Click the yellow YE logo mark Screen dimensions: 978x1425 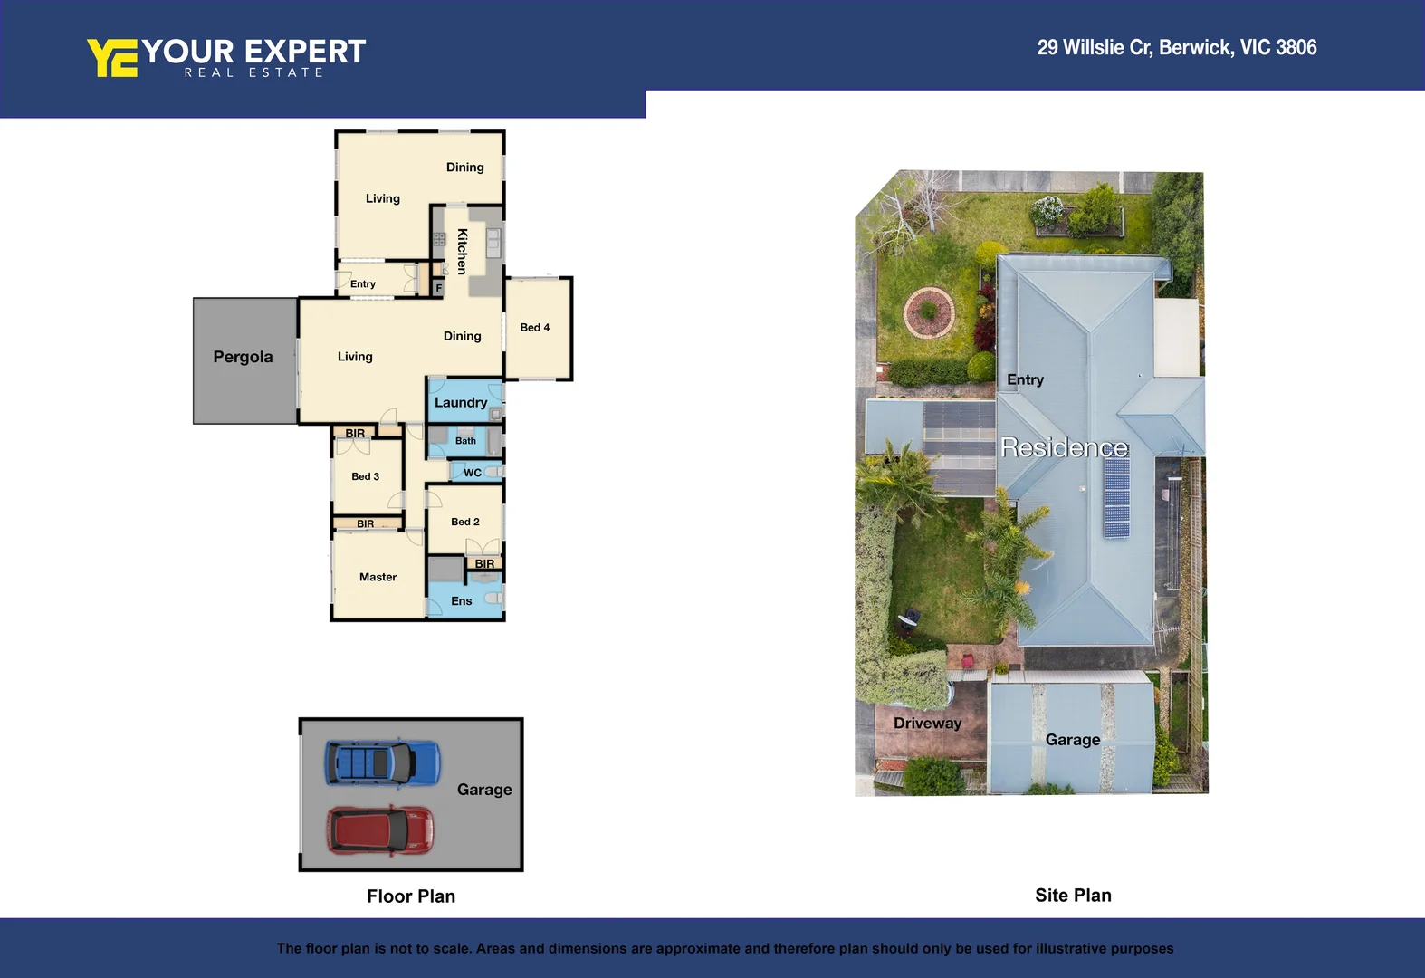[x=111, y=58]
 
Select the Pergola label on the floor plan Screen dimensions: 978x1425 [x=243, y=357]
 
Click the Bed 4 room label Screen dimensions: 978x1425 [x=534, y=328]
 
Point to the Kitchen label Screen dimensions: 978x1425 [x=462, y=251]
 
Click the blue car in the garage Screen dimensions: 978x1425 [x=382, y=762]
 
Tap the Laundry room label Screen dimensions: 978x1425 [x=461, y=403]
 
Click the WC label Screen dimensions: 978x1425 [x=473, y=473]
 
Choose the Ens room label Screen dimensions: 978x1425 [x=462, y=601]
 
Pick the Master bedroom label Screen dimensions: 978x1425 [x=378, y=577]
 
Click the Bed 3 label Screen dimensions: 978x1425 [x=365, y=476]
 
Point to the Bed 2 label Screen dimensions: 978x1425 [x=465, y=522]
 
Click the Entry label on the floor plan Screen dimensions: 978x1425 [x=362, y=284]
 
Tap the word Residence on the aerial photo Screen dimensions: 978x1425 [x=1064, y=447]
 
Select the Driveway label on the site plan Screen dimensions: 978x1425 [x=927, y=723]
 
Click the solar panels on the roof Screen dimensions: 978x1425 [x=1116, y=497]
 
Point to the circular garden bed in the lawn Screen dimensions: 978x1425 [x=928, y=312]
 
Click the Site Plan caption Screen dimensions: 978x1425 [x=1073, y=896]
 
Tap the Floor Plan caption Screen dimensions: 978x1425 [x=411, y=896]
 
